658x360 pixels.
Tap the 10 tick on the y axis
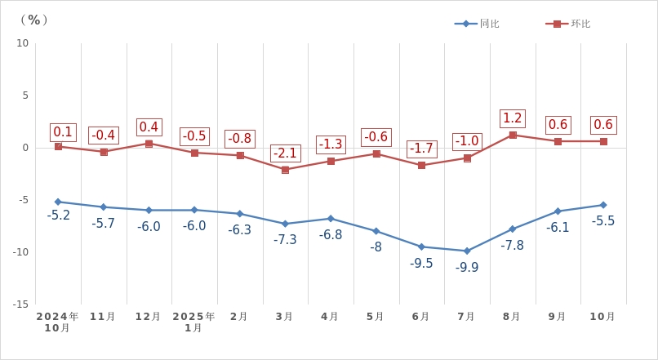(x=22, y=43)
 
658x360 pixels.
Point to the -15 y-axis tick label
(x=20, y=304)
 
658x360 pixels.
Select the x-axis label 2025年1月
(x=193, y=322)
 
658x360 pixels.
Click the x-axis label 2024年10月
(x=57, y=322)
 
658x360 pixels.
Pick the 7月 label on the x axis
(x=466, y=317)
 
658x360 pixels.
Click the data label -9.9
(x=467, y=267)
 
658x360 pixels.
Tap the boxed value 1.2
(x=512, y=118)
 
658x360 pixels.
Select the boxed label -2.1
(x=285, y=153)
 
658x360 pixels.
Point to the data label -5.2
(x=58, y=216)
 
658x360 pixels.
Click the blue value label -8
(x=376, y=247)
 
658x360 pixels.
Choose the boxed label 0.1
(x=63, y=132)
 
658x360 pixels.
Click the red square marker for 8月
(x=513, y=135)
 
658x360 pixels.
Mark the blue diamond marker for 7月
(x=467, y=251)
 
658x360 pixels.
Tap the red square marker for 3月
(x=285, y=170)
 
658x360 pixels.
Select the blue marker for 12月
(x=149, y=210)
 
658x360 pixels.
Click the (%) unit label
(x=34, y=20)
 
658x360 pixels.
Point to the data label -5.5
(x=603, y=221)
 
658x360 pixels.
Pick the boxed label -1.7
(x=421, y=149)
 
